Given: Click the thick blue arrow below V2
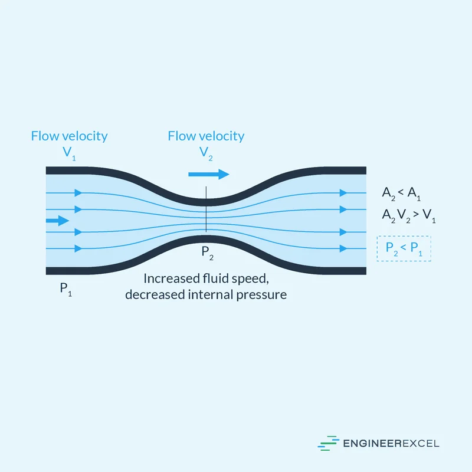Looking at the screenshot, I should (x=208, y=174).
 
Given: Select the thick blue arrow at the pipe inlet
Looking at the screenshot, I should (x=57, y=221).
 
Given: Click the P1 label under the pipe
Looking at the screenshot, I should (x=65, y=289).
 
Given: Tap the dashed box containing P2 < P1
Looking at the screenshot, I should (x=404, y=248).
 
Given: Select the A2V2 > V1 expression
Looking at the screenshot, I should (x=408, y=216).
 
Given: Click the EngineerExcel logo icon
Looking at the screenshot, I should (x=328, y=443).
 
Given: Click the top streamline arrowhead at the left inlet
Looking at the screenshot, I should (x=78, y=192).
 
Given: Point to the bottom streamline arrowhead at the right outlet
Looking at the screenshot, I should (x=343, y=248).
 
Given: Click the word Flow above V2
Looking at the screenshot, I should (x=181, y=136).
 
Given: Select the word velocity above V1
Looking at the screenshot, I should (x=84, y=136).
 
